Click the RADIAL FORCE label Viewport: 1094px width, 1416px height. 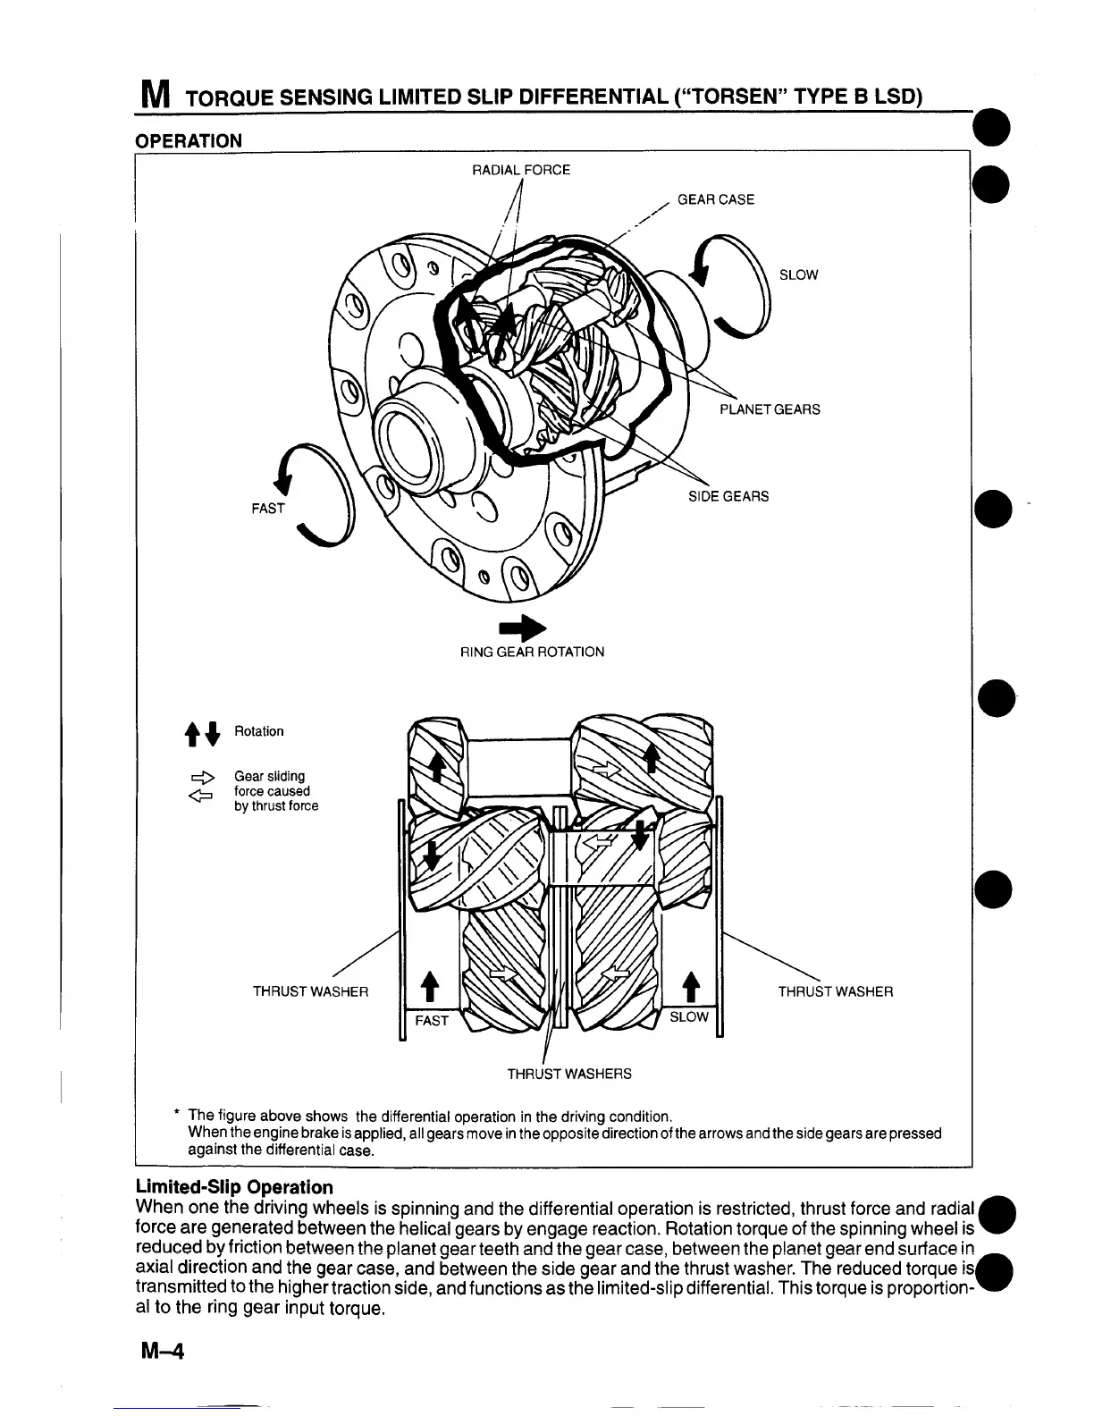click(520, 170)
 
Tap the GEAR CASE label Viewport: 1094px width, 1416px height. click(715, 199)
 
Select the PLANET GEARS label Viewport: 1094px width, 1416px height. click(770, 409)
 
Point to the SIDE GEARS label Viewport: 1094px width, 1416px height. click(728, 496)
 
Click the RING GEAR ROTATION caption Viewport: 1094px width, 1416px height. click(532, 652)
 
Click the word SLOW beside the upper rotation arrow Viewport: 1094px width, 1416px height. click(798, 274)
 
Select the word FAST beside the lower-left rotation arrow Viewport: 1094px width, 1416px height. click(267, 508)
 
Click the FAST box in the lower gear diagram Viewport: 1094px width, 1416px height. click(432, 1020)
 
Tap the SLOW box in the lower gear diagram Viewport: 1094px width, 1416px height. click(688, 1017)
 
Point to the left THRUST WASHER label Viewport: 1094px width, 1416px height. click(310, 991)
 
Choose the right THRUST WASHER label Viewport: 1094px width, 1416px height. click(835, 991)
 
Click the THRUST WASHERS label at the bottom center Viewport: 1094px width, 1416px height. click(569, 1074)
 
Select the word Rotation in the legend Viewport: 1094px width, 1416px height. click(258, 731)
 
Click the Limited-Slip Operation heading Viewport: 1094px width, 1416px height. click(234, 1187)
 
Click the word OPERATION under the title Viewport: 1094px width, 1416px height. click(188, 140)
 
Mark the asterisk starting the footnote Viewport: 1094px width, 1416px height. click(178, 1114)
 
